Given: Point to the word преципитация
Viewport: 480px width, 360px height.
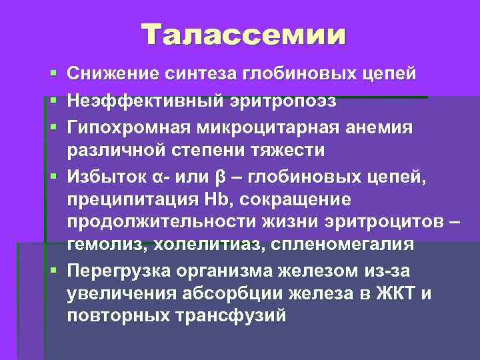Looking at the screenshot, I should click(130, 199).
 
